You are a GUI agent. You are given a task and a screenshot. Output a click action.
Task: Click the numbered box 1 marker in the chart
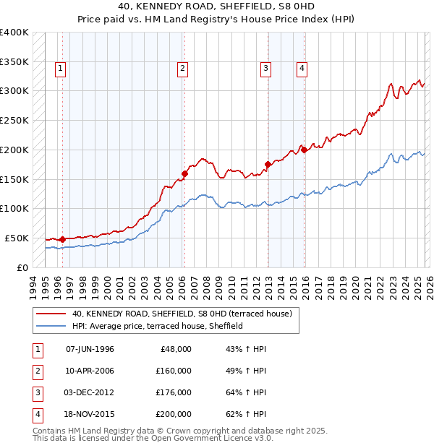pos(59,69)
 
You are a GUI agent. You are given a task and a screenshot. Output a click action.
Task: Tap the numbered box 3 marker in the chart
pos(265,69)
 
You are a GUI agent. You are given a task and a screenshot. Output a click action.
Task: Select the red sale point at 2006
pos(184,173)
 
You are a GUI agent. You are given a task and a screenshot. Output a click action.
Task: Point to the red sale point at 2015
pos(304,150)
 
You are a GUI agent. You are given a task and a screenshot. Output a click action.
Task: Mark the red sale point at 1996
pos(62,239)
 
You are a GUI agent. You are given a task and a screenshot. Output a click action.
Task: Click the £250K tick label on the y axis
pos(14,120)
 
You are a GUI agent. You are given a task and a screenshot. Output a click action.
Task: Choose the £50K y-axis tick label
pos(17,238)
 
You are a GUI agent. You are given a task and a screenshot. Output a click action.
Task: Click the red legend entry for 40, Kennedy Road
pos(182,314)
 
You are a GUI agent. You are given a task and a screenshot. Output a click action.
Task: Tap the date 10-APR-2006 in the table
pos(90,371)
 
